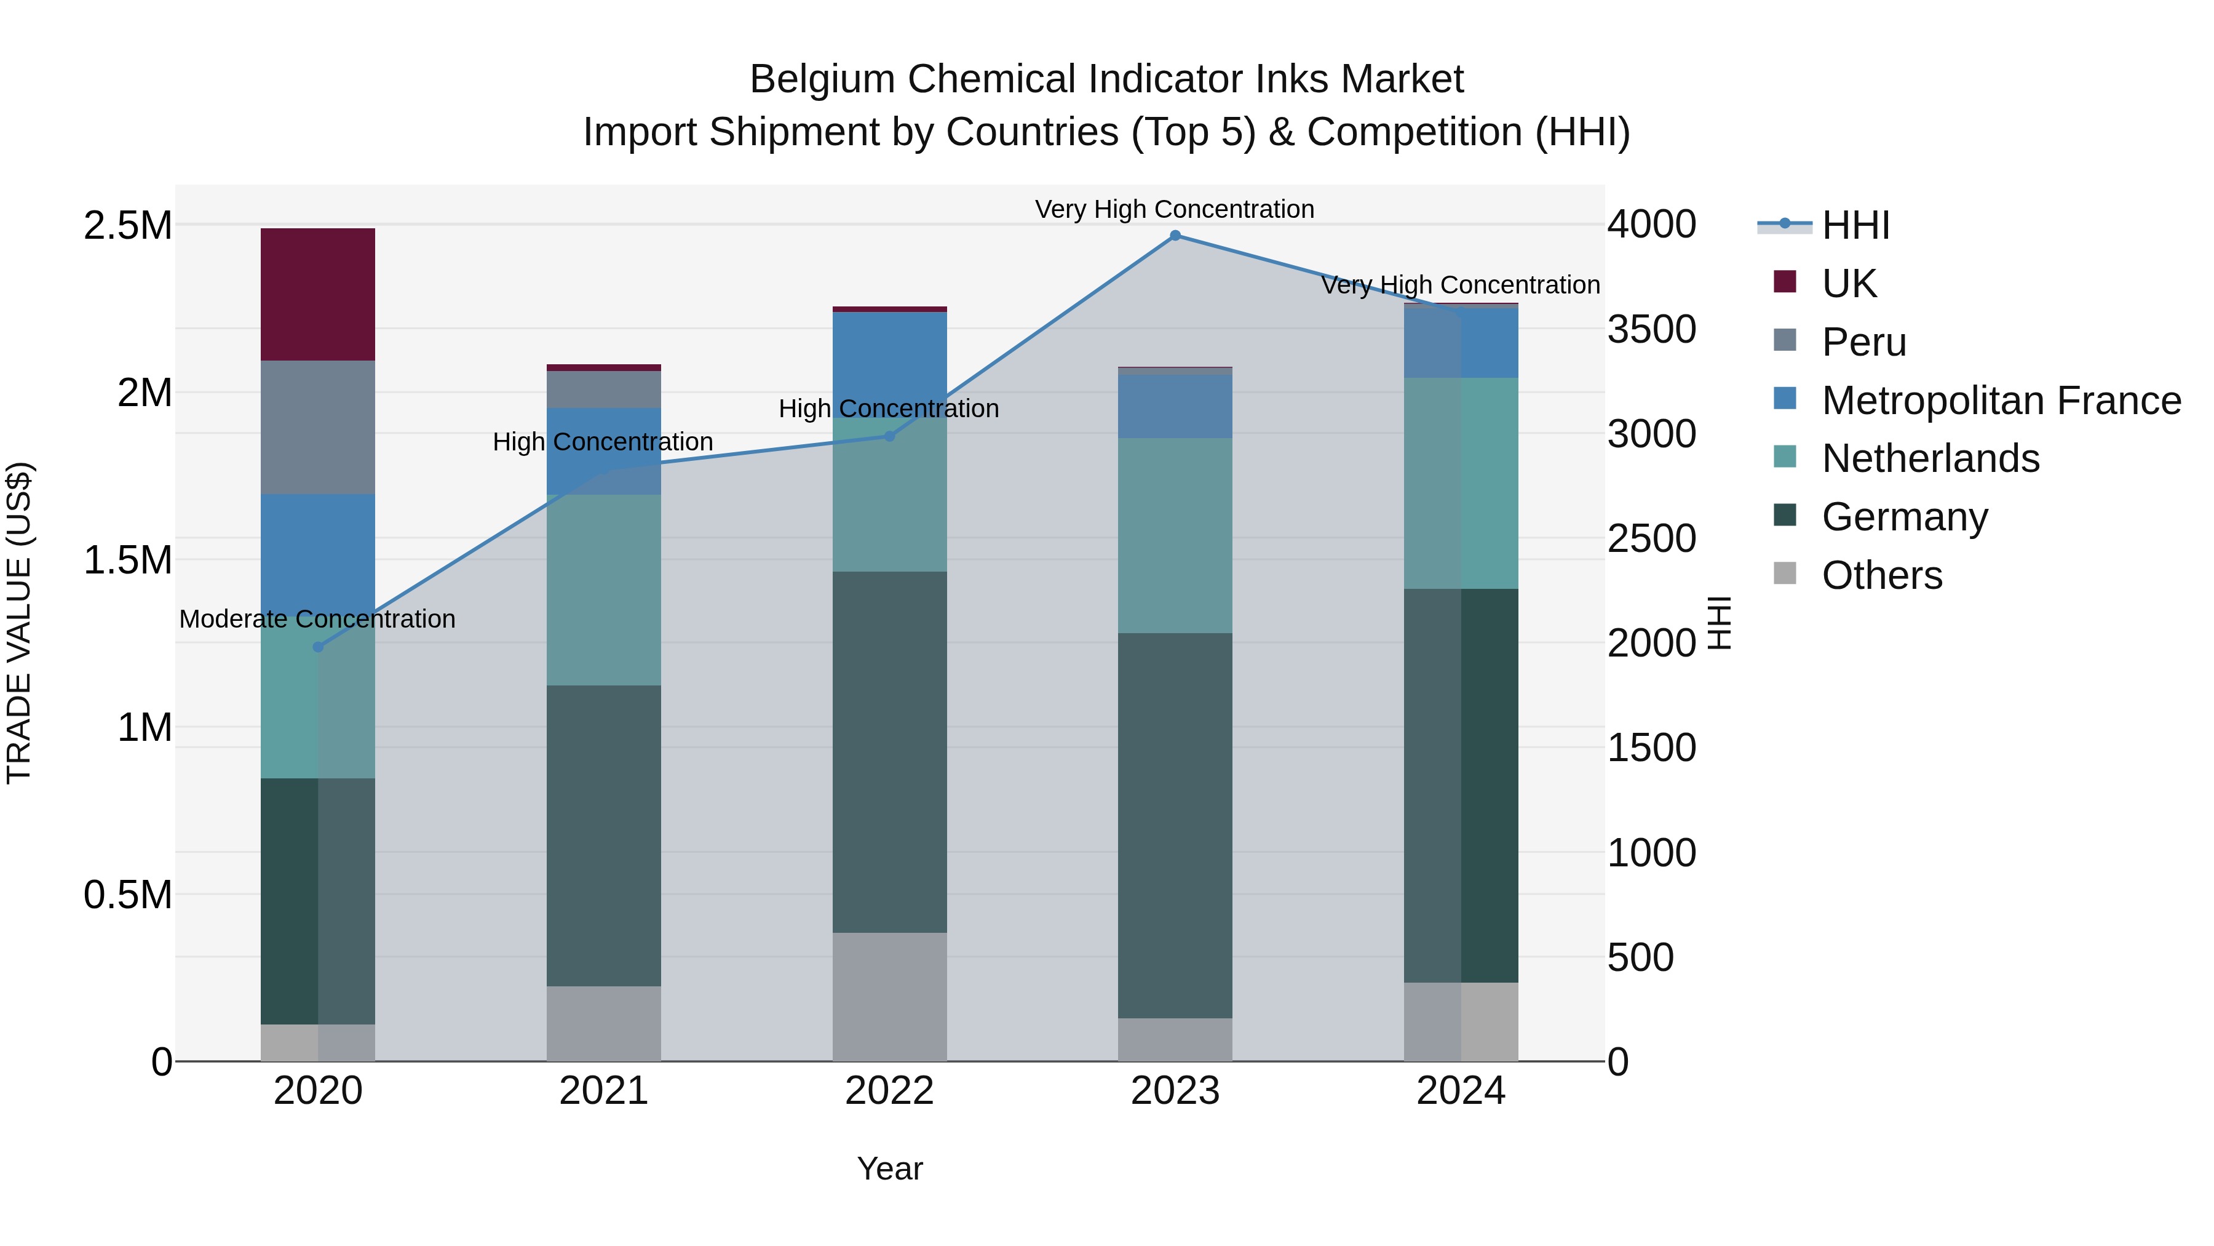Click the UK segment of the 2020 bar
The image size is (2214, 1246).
318,294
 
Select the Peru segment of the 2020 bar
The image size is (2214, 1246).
318,428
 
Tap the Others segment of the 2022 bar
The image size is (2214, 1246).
889,997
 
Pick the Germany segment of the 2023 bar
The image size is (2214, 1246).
1175,826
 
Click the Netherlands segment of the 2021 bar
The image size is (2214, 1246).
603,590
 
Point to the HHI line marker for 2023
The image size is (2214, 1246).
1175,236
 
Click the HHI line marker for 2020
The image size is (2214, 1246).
318,647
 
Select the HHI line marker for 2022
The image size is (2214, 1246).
889,436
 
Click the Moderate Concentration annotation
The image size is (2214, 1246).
317,619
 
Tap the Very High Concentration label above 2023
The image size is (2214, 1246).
1174,209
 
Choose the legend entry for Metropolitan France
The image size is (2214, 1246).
2001,401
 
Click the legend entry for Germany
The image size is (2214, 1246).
1905,517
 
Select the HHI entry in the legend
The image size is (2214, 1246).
1855,225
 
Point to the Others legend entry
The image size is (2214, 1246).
1881,575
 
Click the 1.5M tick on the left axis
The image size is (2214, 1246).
128,560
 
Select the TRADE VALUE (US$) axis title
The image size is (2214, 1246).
19,623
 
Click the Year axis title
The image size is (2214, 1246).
889,1168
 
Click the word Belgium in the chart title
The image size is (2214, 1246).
822,79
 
